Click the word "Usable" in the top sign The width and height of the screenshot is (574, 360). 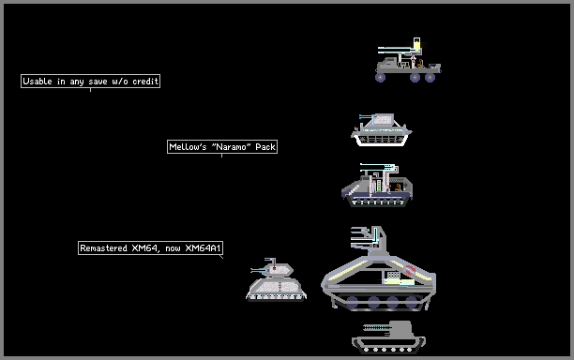[x=38, y=82]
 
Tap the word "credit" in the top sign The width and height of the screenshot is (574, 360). [x=145, y=82]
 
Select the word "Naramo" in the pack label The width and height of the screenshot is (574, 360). [x=232, y=147]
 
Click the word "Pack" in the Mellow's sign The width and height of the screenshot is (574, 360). [x=265, y=147]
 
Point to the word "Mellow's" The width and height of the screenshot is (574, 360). [x=188, y=147]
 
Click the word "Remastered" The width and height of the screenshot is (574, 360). [x=103, y=248]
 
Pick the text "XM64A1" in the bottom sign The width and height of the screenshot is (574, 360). [x=204, y=248]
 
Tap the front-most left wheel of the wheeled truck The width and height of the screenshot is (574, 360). [x=380, y=77]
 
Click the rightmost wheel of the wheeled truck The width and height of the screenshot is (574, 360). [x=430, y=77]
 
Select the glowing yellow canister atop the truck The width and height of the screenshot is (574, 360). [x=417, y=43]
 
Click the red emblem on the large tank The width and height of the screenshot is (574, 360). [x=411, y=270]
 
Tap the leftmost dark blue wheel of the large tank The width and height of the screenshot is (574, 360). [x=352, y=302]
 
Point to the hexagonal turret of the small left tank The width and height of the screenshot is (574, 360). [x=279, y=270]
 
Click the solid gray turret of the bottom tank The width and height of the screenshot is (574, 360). [x=401, y=330]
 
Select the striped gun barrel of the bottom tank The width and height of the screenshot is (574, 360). [x=376, y=327]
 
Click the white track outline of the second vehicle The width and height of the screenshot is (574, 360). [x=381, y=144]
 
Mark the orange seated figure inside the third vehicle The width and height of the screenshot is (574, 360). [x=397, y=187]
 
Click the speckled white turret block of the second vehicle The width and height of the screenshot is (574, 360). [x=384, y=119]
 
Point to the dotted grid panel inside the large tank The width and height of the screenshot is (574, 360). [x=394, y=275]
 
